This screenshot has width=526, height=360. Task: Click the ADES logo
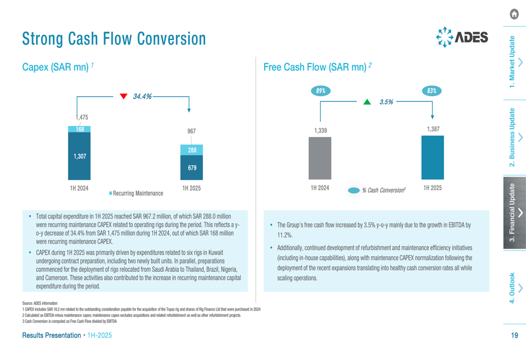click(x=462, y=37)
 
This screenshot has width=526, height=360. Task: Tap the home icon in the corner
click(x=515, y=15)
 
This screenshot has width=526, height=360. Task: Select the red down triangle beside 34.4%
click(x=124, y=96)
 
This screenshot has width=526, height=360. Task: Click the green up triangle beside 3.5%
click(x=368, y=102)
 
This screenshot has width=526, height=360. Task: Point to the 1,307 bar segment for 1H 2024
click(x=79, y=156)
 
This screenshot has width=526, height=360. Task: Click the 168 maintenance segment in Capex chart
click(x=79, y=129)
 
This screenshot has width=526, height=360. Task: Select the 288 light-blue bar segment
click(x=191, y=150)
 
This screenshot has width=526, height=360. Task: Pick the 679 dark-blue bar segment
click(x=191, y=168)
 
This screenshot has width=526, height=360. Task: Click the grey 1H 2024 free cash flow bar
click(x=320, y=158)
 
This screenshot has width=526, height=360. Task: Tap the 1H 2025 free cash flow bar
click(x=432, y=157)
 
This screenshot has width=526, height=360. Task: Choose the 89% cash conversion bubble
click(x=320, y=91)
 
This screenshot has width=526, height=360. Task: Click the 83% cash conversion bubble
click(x=432, y=91)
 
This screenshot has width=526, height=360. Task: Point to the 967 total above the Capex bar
click(x=191, y=131)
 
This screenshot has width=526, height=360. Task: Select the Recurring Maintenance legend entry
click(x=136, y=193)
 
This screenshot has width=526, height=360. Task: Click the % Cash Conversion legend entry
click(x=377, y=190)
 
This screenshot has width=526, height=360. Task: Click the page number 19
click(x=514, y=335)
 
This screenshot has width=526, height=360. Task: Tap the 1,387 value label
click(x=432, y=129)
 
